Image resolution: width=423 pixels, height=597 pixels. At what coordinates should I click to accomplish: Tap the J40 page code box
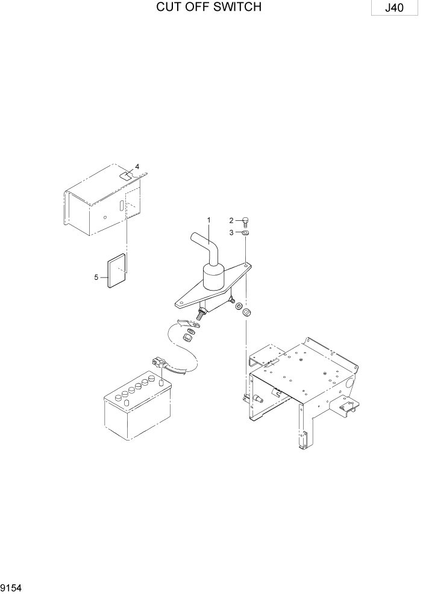395,9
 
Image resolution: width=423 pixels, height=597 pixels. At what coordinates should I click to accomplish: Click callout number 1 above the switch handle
209,221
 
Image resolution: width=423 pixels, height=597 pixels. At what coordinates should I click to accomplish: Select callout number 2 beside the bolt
231,220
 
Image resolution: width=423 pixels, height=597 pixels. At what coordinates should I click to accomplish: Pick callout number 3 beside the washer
231,232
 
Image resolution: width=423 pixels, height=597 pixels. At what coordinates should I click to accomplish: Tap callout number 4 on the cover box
137,166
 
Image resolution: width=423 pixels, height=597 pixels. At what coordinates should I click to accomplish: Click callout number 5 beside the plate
96,277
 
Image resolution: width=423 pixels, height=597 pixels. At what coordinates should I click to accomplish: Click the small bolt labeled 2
246,221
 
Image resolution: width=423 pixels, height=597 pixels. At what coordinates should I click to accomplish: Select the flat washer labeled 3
246,232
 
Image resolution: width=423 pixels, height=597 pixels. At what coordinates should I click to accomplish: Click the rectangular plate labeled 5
117,271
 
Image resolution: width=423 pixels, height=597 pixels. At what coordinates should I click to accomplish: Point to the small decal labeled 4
127,176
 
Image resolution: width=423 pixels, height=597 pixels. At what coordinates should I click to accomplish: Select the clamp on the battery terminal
160,364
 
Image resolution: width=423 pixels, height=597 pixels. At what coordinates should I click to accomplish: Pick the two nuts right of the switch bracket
242,309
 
